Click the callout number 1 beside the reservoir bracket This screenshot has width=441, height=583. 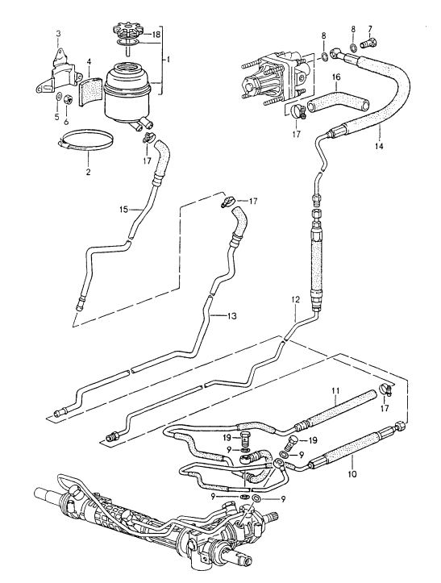(x=168, y=60)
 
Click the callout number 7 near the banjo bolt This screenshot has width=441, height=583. (x=371, y=30)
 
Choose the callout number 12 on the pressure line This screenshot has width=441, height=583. (x=296, y=300)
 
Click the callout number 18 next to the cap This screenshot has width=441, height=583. (x=156, y=36)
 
